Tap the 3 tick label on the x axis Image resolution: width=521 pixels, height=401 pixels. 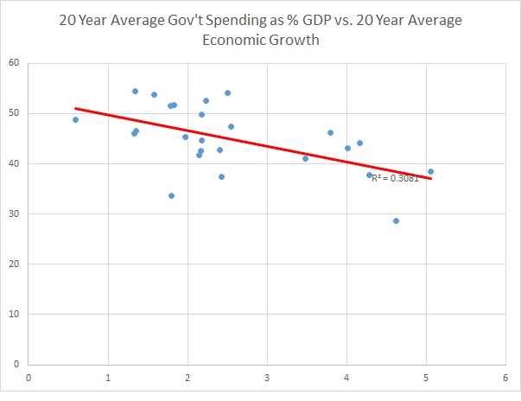coord(268,377)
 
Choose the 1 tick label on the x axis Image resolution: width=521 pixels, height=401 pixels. coord(108,377)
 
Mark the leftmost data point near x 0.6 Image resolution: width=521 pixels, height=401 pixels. coord(76,119)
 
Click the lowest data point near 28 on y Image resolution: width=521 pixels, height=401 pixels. coord(396,220)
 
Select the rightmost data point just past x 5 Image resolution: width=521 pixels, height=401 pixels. coord(430,171)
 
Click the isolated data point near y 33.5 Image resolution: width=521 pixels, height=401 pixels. coord(171,195)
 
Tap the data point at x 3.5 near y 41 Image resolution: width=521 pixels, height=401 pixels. coord(305,158)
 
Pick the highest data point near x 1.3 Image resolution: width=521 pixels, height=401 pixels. coord(135,91)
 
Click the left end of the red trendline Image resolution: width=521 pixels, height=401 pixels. coord(76,109)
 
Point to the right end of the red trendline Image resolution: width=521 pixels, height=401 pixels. coord(430,178)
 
